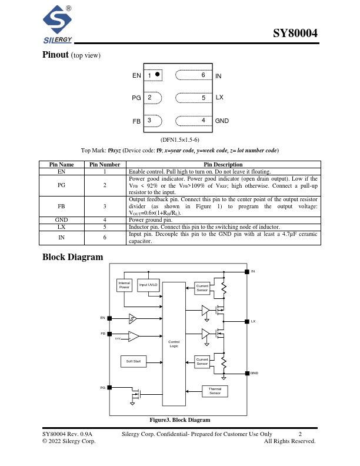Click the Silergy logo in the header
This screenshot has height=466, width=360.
click(x=57, y=25)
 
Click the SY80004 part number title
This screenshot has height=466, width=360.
click(x=296, y=34)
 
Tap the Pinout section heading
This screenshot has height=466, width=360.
click(x=56, y=55)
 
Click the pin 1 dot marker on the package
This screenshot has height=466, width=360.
click(x=158, y=75)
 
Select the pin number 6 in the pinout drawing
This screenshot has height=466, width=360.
click(x=203, y=75)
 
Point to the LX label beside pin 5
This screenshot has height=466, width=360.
click(x=219, y=97)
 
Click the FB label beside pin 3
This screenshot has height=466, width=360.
click(x=136, y=121)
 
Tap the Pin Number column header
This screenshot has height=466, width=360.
click(x=105, y=165)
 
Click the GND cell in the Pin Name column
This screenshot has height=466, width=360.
click(x=62, y=219)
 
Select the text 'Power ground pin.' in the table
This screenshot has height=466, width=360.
click(x=151, y=219)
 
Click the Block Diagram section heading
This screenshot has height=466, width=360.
click(x=73, y=257)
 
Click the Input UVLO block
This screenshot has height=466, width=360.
click(x=148, y=285)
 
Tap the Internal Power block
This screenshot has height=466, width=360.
click(x=124, y=285)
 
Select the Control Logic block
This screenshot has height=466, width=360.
click(x=174, y=344)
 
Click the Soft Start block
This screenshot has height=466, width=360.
click(x=134, y=361)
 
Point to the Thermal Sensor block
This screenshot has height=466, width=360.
click(x=215, y=391)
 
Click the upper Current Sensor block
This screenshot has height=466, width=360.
click(x=202, y=288)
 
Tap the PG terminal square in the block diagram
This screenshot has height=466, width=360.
click(x=109, y=387)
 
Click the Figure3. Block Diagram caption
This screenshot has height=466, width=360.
click(x=179, y=420)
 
